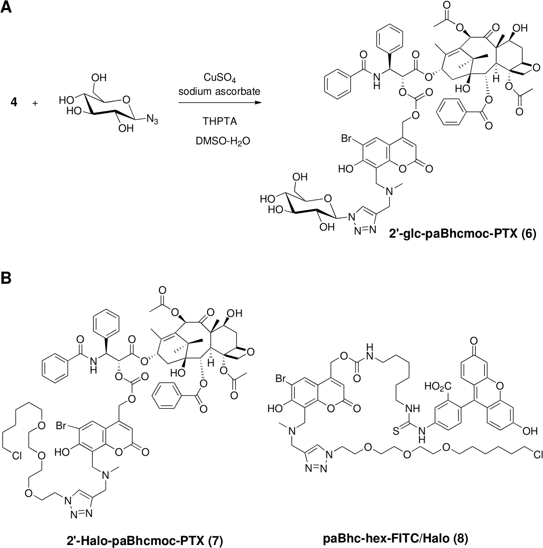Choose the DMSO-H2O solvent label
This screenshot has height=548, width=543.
click(x=218, y=142)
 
